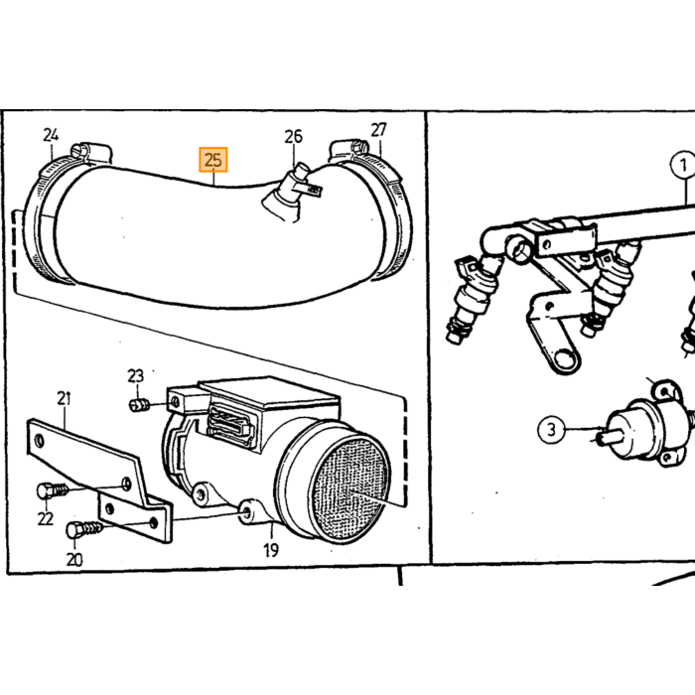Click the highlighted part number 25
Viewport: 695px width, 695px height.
tap(213, 160)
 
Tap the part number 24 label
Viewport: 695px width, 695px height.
tap(51, 135)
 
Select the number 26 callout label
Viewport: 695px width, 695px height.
tap(293, 137)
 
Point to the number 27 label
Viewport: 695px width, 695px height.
tap(378, 130)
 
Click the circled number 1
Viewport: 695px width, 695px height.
tap(683, 166)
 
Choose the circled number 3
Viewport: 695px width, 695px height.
tap(551, 429)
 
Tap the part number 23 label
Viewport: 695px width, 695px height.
tap(136, 376)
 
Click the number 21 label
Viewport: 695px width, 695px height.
tap(64, 398)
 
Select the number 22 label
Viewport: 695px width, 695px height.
tap(46, 518)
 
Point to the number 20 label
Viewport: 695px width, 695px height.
tap(74, 559)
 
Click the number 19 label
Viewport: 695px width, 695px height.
tap(271, 550)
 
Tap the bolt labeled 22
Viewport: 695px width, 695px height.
tap(53, 490)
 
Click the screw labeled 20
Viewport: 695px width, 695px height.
tap(84, 529)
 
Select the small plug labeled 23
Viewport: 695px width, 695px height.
tap(138, 405)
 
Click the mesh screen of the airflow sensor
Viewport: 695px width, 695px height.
tap(349, 488)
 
